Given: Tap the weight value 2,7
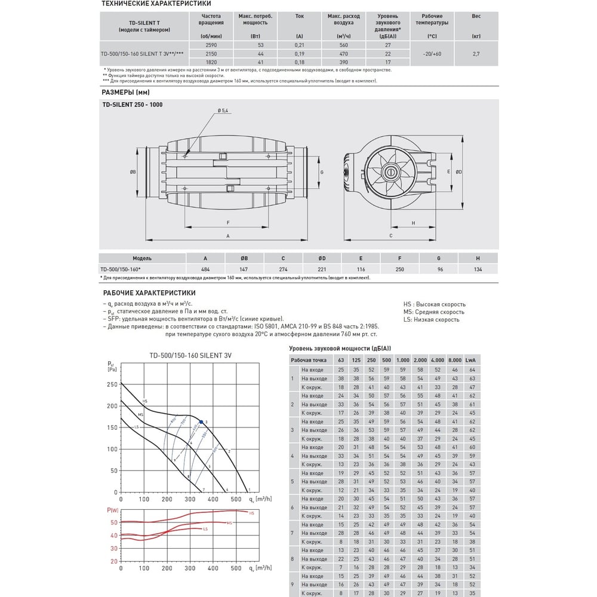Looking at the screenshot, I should pyautogui.click(x=476, y=53).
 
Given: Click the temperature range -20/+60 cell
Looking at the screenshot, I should pyautogui.click(x=431, y=53).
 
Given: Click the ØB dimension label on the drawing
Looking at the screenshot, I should pyautogui.click(x=133, y=172).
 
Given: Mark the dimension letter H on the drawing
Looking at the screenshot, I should pyautogui.click(x=413, y=223).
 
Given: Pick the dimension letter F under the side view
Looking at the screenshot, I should pyautogui.click(x=228, y=223).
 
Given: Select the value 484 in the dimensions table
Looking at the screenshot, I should pyautogui.click(x=205, y=269).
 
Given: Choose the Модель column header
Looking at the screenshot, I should pyautogui.click(x=142, y=259).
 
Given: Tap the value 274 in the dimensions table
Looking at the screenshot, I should pyautogui.click(x=283, y=269).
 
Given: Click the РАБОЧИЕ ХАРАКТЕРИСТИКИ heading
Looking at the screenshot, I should pyautogui.click(x=149, y=293).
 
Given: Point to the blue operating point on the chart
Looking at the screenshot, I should pyautogui.click(x=201, y=422).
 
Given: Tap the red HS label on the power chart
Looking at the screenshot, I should pyautogui.click(x=251, y=513).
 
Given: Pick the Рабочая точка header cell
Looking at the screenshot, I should pyautogui.click(x=309, y=361).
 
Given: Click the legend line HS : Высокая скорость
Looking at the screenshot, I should pyautogui.click(x=434, y=304).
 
